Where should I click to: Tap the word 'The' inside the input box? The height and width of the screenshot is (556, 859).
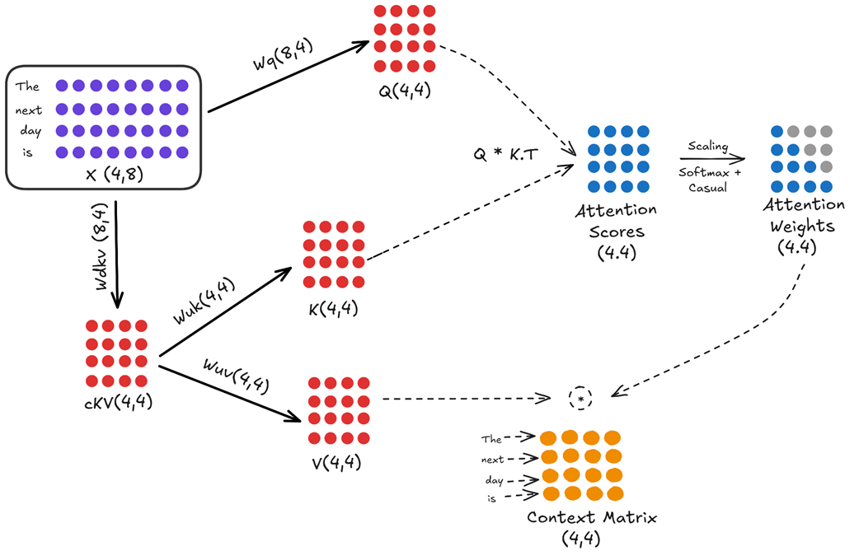27,86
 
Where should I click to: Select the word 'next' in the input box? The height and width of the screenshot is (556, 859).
29,110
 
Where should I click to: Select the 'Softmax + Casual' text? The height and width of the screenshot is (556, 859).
710,180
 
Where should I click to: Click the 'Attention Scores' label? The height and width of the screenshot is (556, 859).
616,221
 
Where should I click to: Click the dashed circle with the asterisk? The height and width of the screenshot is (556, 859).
581,399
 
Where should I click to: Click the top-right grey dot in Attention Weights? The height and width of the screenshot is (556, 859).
826,131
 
